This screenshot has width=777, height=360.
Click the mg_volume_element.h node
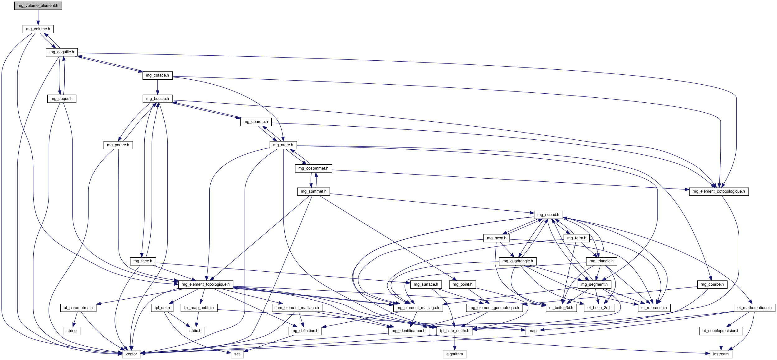38,6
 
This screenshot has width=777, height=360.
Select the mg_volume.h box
38,29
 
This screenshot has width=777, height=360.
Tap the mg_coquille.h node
62,52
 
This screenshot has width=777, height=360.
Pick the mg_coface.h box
157,75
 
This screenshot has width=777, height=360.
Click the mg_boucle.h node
157,99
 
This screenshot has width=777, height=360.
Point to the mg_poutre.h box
118,145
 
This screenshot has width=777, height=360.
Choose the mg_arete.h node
283,145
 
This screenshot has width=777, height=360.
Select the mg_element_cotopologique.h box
718,191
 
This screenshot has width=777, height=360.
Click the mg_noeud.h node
548,215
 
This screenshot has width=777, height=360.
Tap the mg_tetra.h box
576,238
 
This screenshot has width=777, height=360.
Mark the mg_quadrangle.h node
517,261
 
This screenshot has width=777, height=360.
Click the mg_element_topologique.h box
205,284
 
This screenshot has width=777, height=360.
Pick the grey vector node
131,354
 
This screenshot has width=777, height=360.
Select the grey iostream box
721,354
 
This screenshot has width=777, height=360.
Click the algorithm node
454,354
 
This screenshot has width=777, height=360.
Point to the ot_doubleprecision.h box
721,331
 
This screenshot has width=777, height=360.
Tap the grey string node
71,331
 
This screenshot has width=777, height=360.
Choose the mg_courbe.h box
712,284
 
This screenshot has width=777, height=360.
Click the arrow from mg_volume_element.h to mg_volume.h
38,17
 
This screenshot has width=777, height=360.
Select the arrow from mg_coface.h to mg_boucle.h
157,87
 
